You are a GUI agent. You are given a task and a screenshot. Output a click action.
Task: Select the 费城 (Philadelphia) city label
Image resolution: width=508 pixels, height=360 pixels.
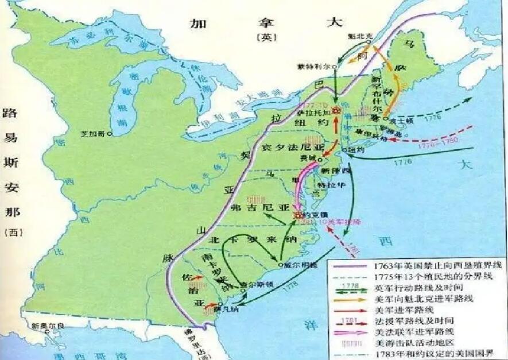tap(309, 158)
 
